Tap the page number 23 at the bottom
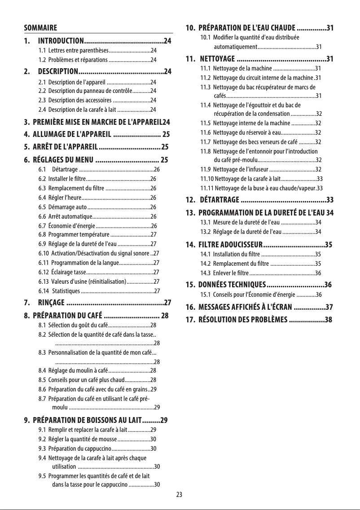180,495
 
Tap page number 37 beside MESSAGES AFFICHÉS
329,307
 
